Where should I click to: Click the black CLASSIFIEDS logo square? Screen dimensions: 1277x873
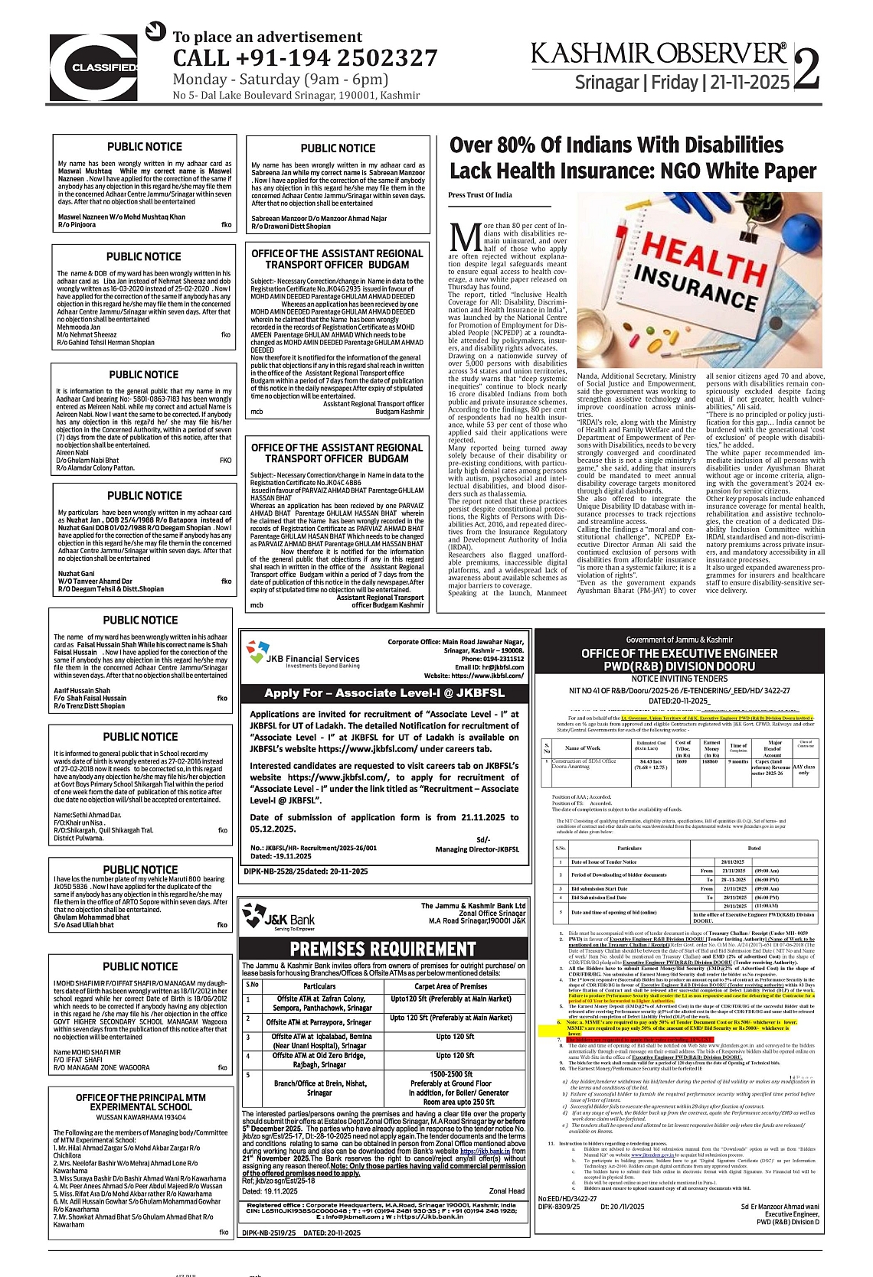click(94, 67)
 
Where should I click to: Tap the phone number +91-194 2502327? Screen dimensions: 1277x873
click(305, 58)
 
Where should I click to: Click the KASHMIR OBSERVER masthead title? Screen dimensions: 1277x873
click(659, 54)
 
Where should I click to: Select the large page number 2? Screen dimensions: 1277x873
click(808, 70)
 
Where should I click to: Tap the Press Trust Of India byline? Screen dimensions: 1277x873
click(480, 195)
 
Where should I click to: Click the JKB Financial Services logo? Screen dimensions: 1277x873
click(303, 656)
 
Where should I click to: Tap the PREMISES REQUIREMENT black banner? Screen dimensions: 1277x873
click(383, 950)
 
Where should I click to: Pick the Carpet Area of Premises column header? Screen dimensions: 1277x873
click(450, 986)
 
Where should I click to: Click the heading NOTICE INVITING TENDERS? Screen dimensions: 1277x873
click(678, 679)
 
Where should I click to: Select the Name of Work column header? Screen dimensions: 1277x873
click(582, 748)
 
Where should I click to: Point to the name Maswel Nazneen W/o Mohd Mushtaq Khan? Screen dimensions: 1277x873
click(122, 217)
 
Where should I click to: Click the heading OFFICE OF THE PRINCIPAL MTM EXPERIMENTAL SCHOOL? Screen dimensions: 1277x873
click(141, 1102)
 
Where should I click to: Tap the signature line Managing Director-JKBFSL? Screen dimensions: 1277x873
click(477, 849)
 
